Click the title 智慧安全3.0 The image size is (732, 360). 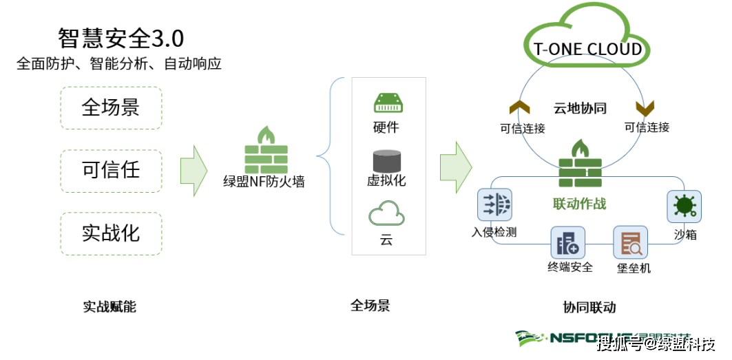[x=121, y=38]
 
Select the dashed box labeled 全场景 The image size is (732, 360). [x=111, y=107]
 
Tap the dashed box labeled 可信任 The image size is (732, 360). [x=111, y=170]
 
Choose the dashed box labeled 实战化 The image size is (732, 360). [x=111, y=233]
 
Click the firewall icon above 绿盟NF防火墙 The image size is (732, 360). [x=266, y=150]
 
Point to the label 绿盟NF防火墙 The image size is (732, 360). [x=264, y=182]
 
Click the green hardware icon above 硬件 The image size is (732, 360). [x=386, y=104]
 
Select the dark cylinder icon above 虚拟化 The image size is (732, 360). [x=386, y=160]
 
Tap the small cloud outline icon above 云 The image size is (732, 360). [x=386, y=214]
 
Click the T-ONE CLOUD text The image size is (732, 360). [x=587, y=49]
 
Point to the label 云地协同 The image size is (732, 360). [x=580, y=109]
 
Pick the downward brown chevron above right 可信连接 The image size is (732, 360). [x=645, y=108]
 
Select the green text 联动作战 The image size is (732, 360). [x=579, y=203]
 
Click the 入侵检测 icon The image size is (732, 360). [x=494, y=205]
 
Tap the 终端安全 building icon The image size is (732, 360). [x=567, y=243]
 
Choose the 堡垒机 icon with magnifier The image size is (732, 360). [x=631, y=243]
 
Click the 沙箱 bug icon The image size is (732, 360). [x=684, y=206]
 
